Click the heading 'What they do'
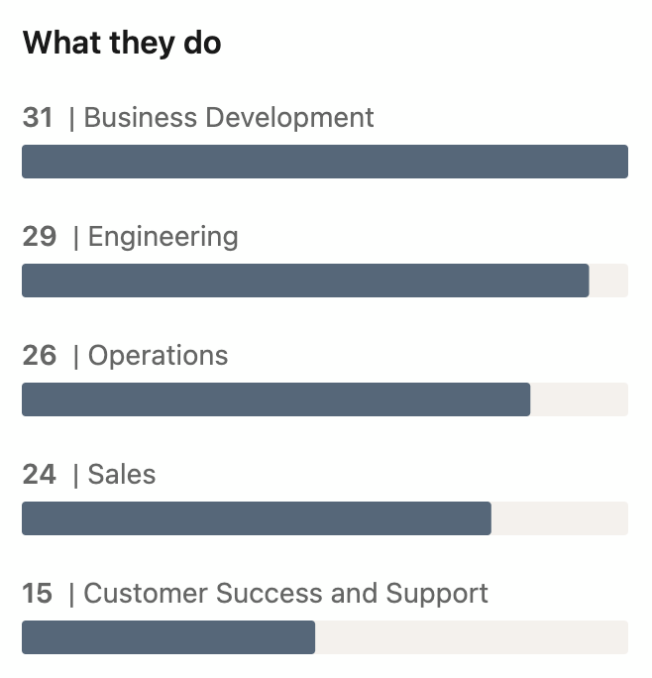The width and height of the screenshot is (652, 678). coord(122,44)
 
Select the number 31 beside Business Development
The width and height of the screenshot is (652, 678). coord(38,118)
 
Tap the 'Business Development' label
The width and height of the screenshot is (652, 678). coord(229,118)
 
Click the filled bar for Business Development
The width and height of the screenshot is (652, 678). coord(325,162)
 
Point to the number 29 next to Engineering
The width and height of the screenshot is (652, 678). coord(40,237)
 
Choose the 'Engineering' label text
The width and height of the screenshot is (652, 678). coord(163,237)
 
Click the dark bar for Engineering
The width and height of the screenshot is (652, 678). coord(305,281)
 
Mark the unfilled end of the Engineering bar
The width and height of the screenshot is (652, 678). coord(608,281)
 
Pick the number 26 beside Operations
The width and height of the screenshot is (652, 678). coord(40,356)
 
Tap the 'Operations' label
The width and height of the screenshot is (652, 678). coord(159,356)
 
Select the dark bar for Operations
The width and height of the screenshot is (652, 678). coord(275,399)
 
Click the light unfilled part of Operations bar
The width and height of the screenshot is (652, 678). coord(579,399)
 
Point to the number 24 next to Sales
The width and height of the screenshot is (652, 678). coord(40,475)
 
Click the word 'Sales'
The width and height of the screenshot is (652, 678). coord(122,475)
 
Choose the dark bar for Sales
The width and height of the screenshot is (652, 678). coord(256,518)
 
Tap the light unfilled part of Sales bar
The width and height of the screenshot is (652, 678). coord(559,518)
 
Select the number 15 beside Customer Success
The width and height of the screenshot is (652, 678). coord(38,594)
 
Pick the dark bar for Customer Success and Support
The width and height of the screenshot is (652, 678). coord(168,637)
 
